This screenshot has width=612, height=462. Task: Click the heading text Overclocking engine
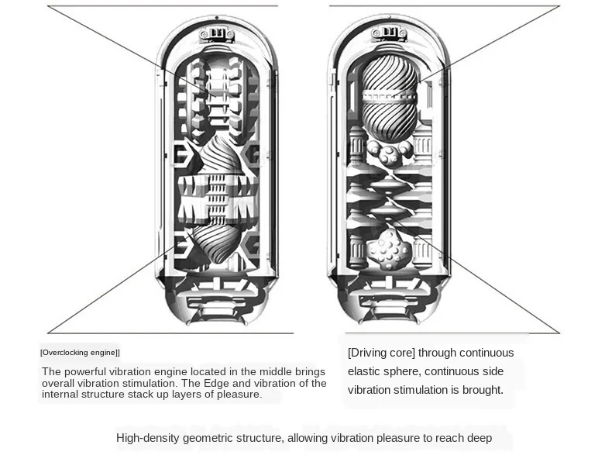click(80, 353)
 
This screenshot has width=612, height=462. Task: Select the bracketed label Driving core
click(381, 353)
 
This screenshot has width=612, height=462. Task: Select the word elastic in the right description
click(366, 371)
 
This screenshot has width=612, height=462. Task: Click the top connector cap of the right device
click(390, 34)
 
